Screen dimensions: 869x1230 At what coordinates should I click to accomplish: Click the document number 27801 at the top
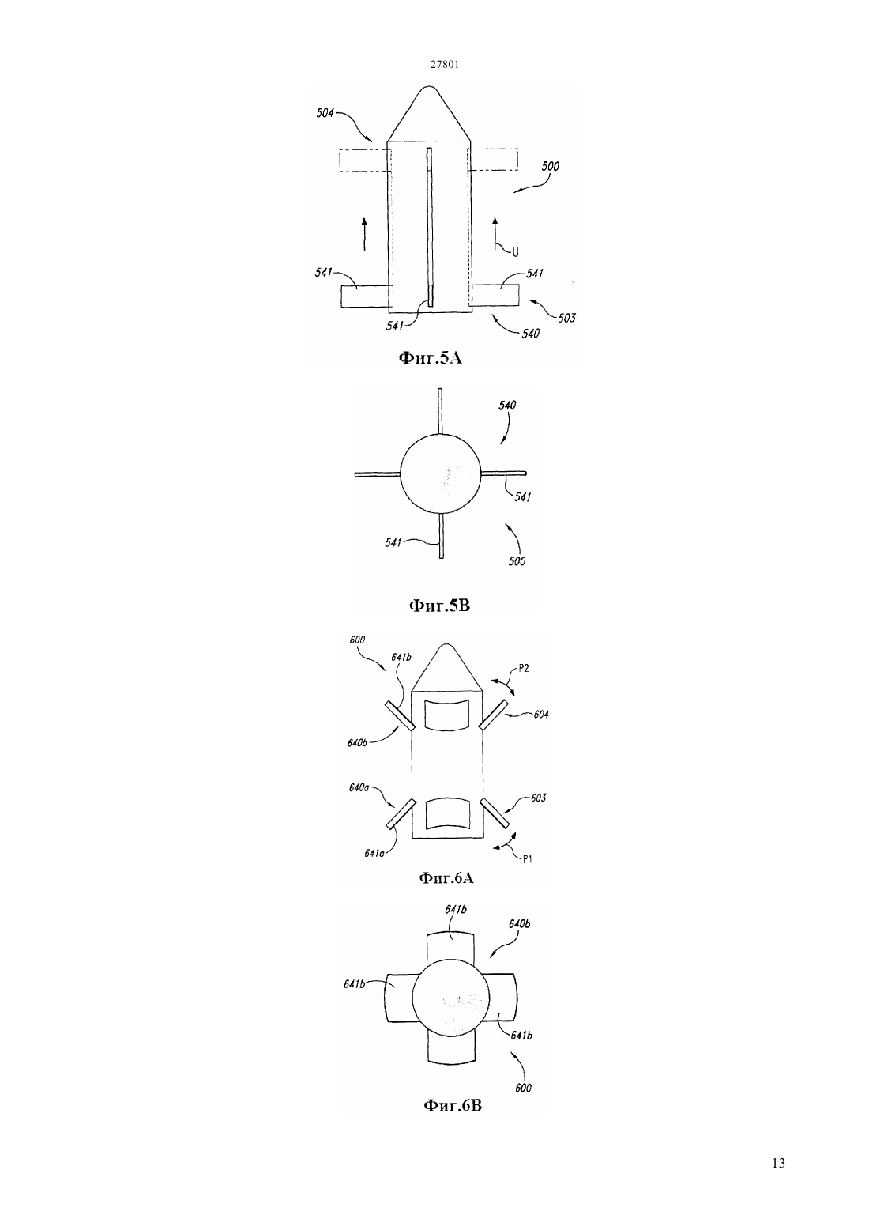[444, 64]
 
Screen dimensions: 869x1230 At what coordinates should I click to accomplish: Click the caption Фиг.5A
[430, 358]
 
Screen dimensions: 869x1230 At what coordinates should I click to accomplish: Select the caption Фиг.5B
[439, 606]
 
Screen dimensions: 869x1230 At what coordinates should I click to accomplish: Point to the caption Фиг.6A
[446, 877]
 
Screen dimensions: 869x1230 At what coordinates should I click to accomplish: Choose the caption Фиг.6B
[453, 1105]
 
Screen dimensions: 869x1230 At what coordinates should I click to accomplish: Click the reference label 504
[325, 113]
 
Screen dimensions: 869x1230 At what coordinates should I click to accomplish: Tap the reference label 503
[566, 318]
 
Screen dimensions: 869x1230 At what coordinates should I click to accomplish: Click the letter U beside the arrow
[515, 252]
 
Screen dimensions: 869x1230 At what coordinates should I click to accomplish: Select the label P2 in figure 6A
[523, 668]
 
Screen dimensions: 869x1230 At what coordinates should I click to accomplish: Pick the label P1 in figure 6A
[527, 859]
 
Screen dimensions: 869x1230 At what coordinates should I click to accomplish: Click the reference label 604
[541, 715]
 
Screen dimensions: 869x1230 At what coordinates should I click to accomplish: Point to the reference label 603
[538, 798]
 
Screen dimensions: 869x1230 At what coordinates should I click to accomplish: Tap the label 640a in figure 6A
[358, 788]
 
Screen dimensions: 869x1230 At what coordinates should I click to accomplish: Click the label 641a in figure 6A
[374, 853]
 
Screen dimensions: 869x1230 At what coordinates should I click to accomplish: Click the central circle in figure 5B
[441, 474]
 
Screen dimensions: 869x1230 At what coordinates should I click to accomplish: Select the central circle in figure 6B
[451, 997]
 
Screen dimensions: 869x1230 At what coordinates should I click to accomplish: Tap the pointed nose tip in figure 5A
[429, 86]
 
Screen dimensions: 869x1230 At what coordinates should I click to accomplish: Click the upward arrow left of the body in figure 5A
[364, 234]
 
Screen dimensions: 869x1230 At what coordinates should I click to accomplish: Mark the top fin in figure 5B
[440, 411]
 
